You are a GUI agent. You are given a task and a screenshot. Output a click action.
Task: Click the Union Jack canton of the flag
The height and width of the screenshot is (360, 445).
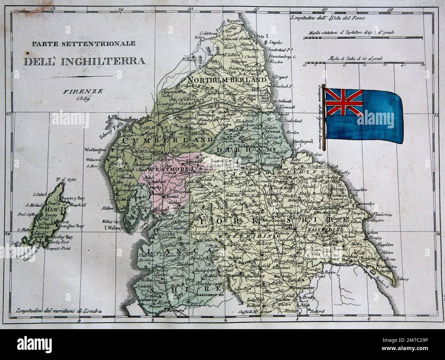pyautogui.click(x=344, y=102)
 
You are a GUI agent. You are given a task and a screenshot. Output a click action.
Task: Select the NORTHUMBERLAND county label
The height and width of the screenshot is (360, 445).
pyautogui.click(x=227, y=79)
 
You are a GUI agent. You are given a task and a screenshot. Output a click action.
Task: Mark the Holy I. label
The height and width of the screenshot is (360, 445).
pyautogui.click(x=264, y=36)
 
